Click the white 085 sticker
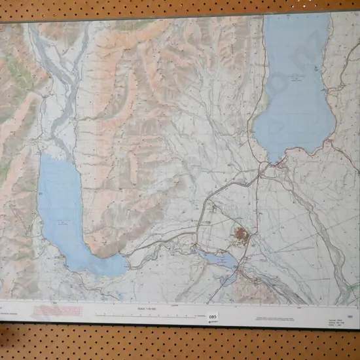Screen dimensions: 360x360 pyautogui.click(x=213, y=316)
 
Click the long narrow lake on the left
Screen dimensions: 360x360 pyautogui.click(x=62, y=209)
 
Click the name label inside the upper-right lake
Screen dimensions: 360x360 pyautogui.click(x=296, y=79)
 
